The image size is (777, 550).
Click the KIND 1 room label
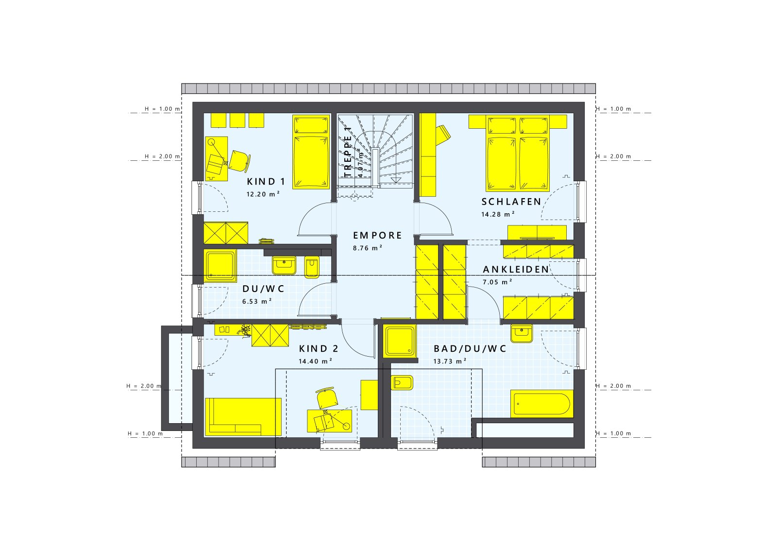pyautogui.click(x=266, y=182)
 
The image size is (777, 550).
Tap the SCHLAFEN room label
pyautogui.click(x=511, y=202)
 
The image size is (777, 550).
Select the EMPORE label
pyautogui.click(x=377, y=236)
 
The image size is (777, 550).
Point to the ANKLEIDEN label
pyautogui.click(x=516, y=269)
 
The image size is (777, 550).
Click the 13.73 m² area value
pyautogui.click(x=450, y=361)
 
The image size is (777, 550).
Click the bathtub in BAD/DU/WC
pyautogui.click(x=542, y=403)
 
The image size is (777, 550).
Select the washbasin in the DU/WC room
pyautogui.click(x=284, y=265)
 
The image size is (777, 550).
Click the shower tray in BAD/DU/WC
pyautogui.click(x=400, y=341)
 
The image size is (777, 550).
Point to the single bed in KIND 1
pyautogui.click(x=311, y=152)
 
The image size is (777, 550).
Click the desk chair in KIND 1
pyautogui.click(x=239, y=160)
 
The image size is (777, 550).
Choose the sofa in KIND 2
pyautogui.click(x=243, y=416)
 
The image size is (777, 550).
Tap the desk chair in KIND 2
pyautogui.click(x=327, y=398)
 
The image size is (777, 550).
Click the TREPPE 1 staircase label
pyautogui.click(x=348, y=151)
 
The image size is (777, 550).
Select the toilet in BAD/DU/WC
pyautogui.click(x=402, y=383)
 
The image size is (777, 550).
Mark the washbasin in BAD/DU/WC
pyautogui.click(x=521, y=333)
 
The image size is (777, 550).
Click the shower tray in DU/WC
pyautogui.click(x=220, y=265)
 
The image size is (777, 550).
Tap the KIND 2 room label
pyautogui.click(x=319, y=349)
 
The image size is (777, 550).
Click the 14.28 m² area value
pyautogui.click(x=498, y=214)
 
